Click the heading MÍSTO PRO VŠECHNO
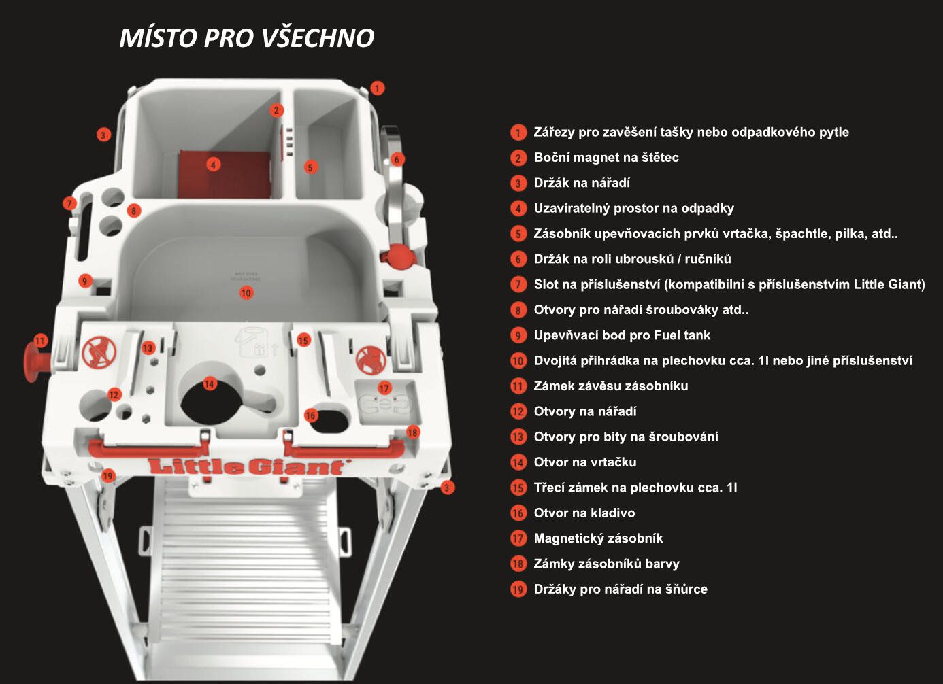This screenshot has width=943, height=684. pos(247,38)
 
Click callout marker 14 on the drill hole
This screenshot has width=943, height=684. pos(210,383)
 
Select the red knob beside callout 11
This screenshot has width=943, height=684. pos(36,362)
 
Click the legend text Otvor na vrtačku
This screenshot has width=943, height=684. pos(585,462)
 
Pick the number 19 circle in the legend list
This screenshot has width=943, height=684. pos(518,589)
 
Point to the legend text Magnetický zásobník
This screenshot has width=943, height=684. pos(598,538)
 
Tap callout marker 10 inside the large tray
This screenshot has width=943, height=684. pos(246,293)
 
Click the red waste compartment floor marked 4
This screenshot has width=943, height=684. pos(225,175)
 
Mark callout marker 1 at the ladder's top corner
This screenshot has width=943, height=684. pos(377,88)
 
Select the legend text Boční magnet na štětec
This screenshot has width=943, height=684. pos(606,157)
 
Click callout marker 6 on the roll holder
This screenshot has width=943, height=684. pos(397,159)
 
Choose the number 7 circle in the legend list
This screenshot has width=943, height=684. pos(518,284)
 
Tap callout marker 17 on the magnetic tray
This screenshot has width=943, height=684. pos(384,388)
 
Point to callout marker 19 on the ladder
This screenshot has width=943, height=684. pos(108,476)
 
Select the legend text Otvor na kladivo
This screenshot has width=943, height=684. pos(584,513)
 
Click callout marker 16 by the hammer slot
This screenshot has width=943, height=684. pos(311,415)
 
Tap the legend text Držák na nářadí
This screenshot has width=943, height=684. pos(582,183)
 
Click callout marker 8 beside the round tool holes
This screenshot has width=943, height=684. pos(134,210)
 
